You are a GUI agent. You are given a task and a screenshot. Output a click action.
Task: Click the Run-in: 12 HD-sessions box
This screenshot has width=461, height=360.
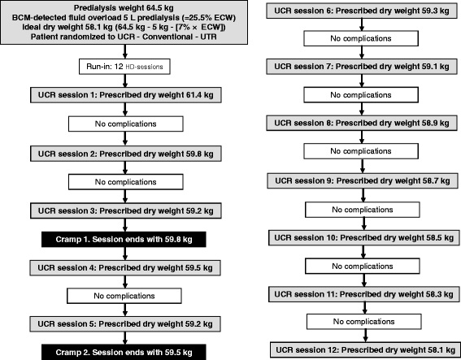(124, 67)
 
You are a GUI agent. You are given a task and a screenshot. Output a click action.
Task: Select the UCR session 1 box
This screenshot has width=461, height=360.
(125, 95)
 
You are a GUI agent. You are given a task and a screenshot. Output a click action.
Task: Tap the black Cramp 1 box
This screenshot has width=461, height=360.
(124, 240)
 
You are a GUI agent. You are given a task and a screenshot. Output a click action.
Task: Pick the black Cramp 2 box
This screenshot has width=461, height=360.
(124, 352)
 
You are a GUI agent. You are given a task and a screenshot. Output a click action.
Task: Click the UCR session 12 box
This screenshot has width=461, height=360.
(365, 350)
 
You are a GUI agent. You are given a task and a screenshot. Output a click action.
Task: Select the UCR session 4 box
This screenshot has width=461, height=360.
(125, 268)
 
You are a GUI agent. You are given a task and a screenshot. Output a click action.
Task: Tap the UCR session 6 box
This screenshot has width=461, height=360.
(362, 11)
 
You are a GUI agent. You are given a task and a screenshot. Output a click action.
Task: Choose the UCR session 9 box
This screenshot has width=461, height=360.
(363, 180)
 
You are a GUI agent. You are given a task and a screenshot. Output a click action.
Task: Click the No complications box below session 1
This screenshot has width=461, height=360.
(126, 124)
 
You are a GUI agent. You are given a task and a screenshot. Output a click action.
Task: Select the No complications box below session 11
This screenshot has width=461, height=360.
(364, 322)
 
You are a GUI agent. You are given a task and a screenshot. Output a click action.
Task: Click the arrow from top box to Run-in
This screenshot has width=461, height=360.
(125, 52)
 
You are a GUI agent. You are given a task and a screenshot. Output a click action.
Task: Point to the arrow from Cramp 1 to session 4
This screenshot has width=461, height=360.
(125, 254)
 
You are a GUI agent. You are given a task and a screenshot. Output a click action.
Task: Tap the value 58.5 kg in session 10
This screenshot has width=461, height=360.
(440, 238)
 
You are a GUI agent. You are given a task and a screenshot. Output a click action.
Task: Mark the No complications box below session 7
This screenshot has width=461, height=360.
(361, 95)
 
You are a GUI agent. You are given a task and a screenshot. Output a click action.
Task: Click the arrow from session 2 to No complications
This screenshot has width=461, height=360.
(125, 167)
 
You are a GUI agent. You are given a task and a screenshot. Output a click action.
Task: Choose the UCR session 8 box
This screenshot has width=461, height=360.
(362, 124)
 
